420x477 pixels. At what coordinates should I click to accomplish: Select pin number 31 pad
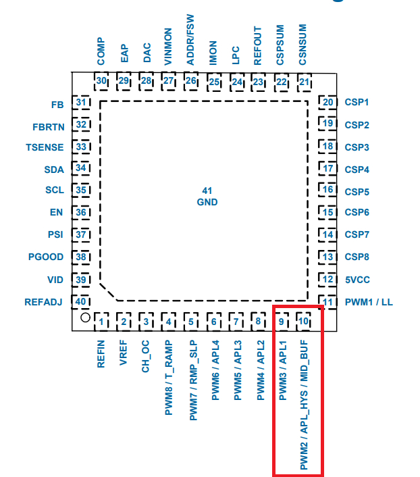coord(82,103)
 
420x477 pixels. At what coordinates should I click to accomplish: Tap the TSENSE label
coord(45,147)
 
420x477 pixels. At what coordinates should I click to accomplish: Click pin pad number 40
coord(82,301)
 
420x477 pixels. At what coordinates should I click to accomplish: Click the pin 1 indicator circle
coord(84,318)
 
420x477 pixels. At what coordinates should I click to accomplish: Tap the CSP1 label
coord(357,103)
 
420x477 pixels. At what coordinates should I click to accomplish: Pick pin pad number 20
coord(328,103)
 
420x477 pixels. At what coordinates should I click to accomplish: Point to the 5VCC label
coord(357,280)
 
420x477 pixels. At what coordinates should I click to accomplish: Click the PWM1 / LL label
coord(368,302)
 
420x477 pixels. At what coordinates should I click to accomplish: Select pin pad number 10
coord(304,321)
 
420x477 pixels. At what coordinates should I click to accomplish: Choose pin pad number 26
coord(191,81)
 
